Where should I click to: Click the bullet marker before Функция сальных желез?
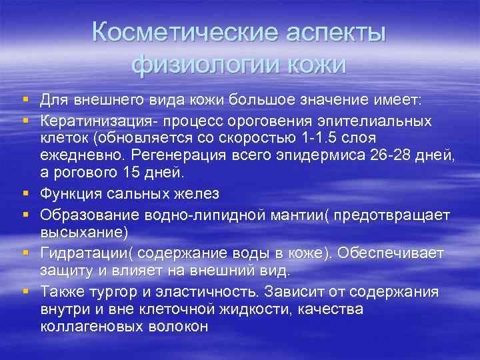point(25,194)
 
